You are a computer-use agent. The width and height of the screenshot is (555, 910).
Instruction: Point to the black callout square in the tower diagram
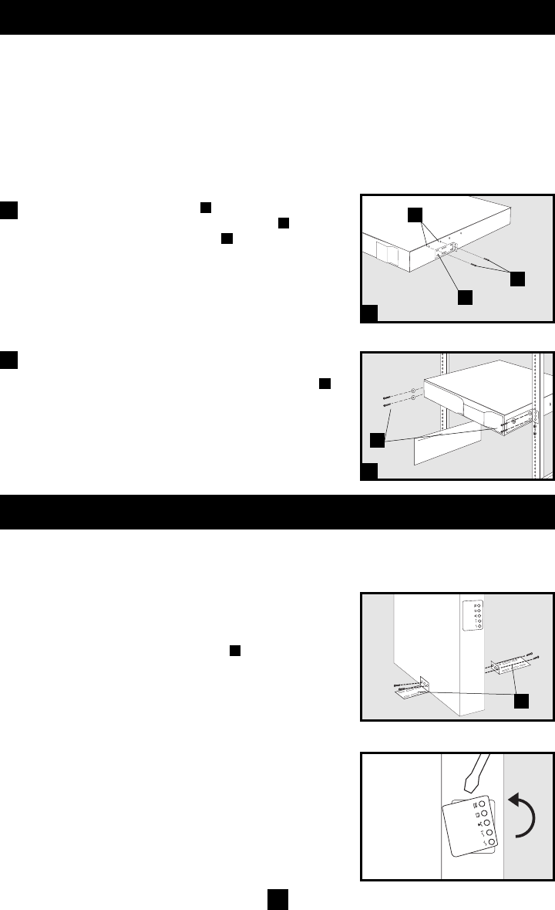[523, 701]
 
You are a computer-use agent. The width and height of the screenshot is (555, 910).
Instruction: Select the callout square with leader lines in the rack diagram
[378, 440]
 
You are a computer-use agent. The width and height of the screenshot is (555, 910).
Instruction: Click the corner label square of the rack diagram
[370, 470]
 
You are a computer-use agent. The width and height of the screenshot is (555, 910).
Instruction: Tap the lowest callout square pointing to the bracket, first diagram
[465, 296]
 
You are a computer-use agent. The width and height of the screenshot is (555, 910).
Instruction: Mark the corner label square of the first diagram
[370, 313]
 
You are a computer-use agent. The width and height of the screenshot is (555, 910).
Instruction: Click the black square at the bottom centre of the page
[277, 898]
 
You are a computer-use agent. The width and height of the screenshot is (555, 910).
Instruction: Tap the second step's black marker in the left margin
[9, 360]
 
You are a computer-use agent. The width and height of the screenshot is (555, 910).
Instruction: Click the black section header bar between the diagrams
[277, 513]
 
